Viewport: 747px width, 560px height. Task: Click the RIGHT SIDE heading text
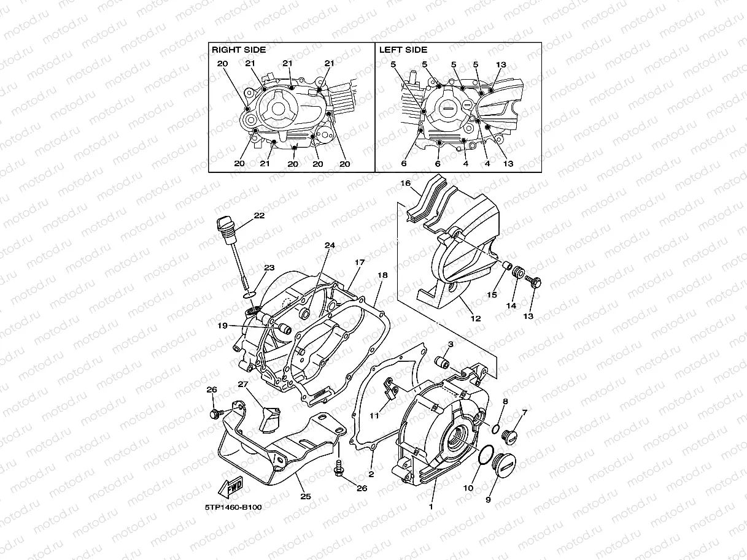pyautogui.click(x=239, y=50)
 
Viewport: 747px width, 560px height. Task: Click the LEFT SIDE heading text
pyautogui.click(x=403, y=50)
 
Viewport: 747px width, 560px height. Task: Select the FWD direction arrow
pyautogui.click(x=230, y=489)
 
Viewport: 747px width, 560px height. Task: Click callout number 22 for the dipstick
pyautogui.click(x=259, y=215)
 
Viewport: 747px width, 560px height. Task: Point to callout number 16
pyautogui.click(x=405, y=183)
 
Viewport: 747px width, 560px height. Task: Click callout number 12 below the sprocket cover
pyautogui.click(x=475, y=318)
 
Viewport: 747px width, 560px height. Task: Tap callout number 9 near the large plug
pyautogui.click(x=488, y=500)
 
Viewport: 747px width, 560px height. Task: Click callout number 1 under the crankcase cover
pyautogui.click(x=430, y=507)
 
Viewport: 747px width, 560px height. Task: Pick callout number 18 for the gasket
pyautogui.click(x=382, y=275)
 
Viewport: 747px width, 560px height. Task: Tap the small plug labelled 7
pyautogui.click(x=510, y=436)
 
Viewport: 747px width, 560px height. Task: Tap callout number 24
pyautogui.click(x=330, y=245)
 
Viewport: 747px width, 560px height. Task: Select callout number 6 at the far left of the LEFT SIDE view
pyautogui.click(x=404, y=164)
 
